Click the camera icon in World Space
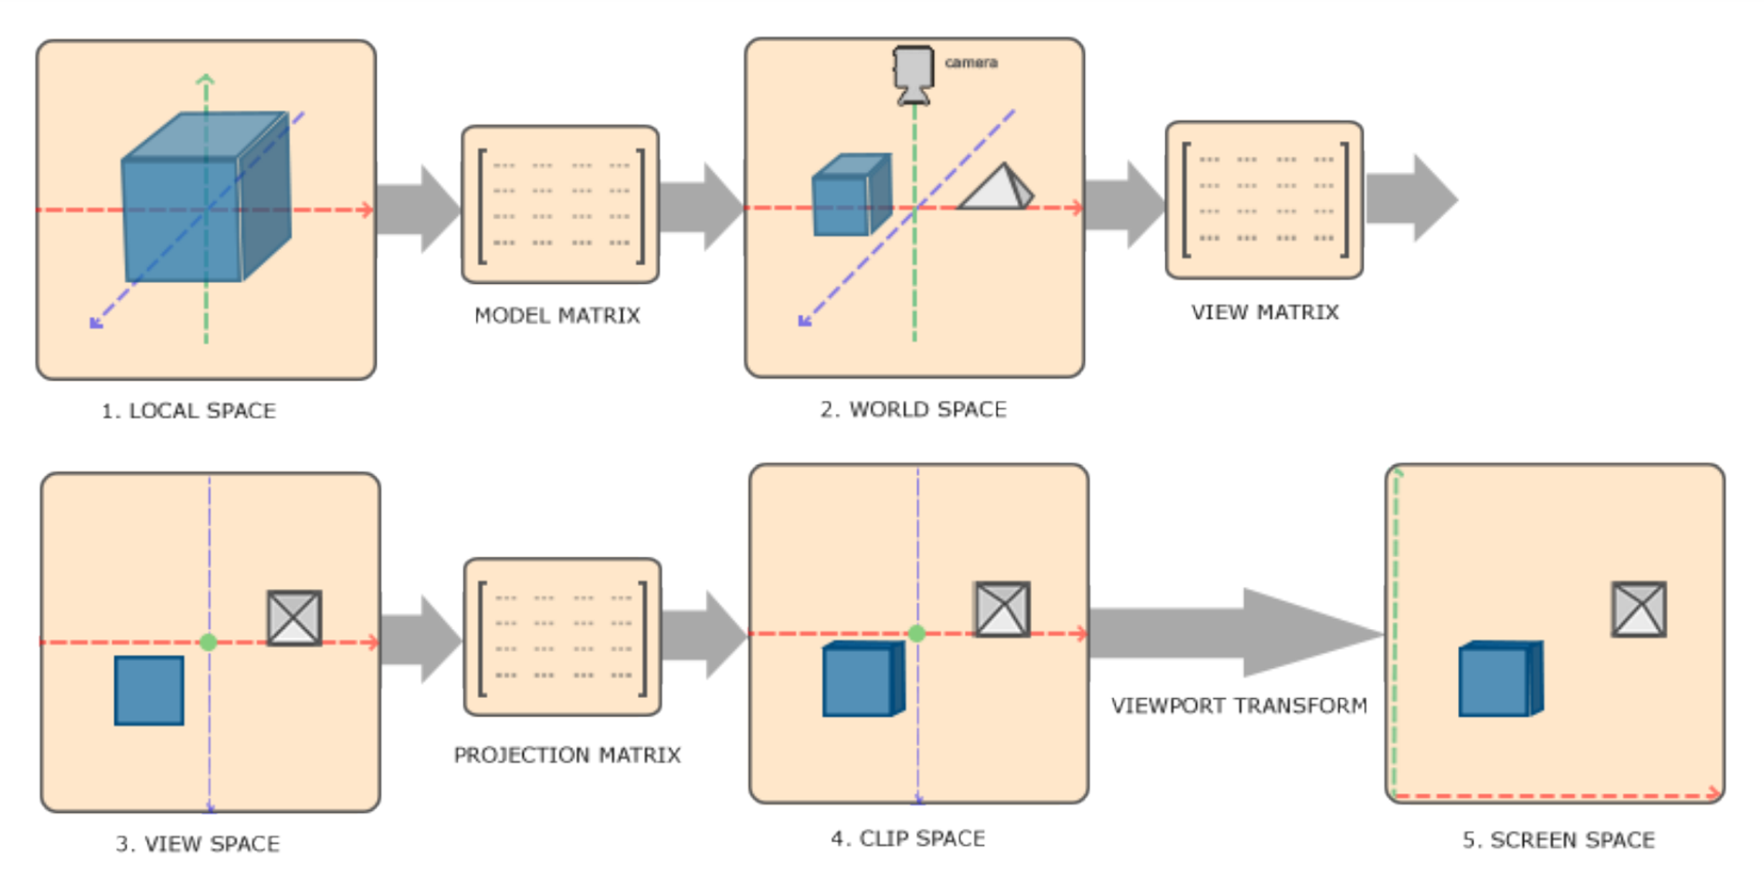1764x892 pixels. point(913,73)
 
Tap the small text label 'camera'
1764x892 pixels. point(971,63)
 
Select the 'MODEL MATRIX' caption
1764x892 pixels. point(557,316)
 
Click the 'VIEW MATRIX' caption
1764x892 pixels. point(1265,312)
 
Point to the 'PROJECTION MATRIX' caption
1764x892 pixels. point(567,754)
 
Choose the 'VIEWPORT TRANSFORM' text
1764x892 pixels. point(1238,705)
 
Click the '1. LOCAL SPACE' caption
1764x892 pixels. point(189,411)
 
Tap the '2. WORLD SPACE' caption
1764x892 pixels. point(913,409)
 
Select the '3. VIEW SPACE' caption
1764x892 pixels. point(198,844)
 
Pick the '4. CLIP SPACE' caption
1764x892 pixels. point(908,838)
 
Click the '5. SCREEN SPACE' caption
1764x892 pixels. point(1558,840)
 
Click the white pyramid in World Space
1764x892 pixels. point(998,188)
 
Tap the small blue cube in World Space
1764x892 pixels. point(849,197)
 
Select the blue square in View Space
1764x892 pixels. point(149,690)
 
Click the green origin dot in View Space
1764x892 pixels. point(208,643)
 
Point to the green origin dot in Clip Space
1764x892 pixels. point(916,633)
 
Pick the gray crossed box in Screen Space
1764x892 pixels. point(1639,609)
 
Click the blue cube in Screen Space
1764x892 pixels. point(1499,680)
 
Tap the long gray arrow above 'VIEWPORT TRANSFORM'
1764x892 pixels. point(1235,633)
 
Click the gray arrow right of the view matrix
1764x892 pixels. point(1411,198)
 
